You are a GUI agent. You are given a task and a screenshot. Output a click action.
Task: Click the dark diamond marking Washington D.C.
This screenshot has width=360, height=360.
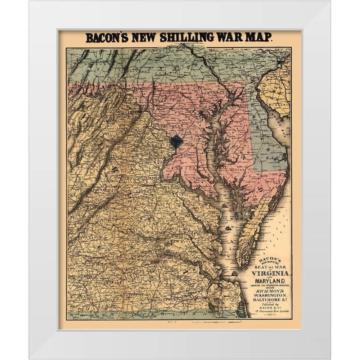click(176, 141)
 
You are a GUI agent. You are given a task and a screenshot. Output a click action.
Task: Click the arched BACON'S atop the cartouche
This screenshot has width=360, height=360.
click(268, 258)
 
